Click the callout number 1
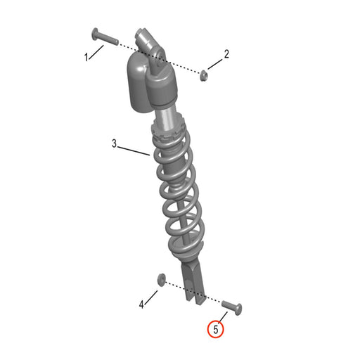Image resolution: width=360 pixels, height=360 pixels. click(87, 57)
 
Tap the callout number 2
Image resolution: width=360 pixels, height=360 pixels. click(226, 53)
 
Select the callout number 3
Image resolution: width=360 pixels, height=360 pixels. click(114, 143)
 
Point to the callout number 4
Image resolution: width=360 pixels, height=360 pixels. click(141, 304)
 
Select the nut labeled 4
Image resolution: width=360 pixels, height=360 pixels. click(161, 278)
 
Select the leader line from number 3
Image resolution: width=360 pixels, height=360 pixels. click(134, 150)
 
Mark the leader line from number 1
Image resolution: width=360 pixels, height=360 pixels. click(97, 51)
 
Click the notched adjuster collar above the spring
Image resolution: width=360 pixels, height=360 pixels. click(169, 131)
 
